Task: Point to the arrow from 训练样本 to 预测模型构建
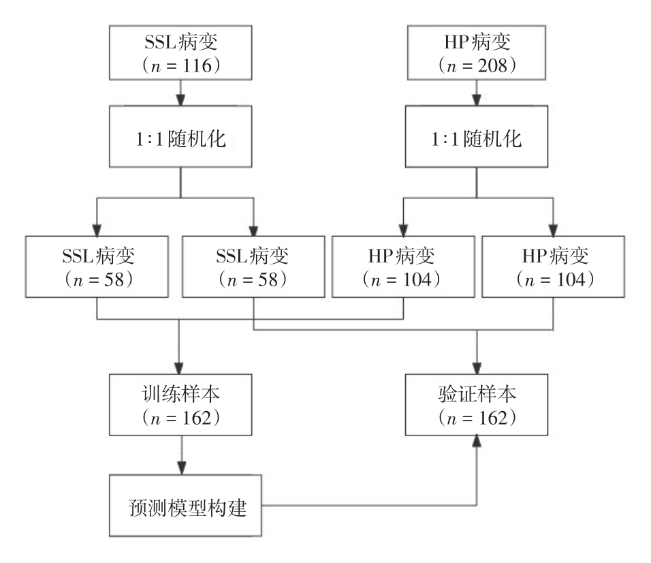tap(180, 453)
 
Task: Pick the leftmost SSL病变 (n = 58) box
tap(97, 266)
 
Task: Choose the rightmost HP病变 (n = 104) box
tap(552, 266)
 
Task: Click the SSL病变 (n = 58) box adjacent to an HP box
tap(253, 266)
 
